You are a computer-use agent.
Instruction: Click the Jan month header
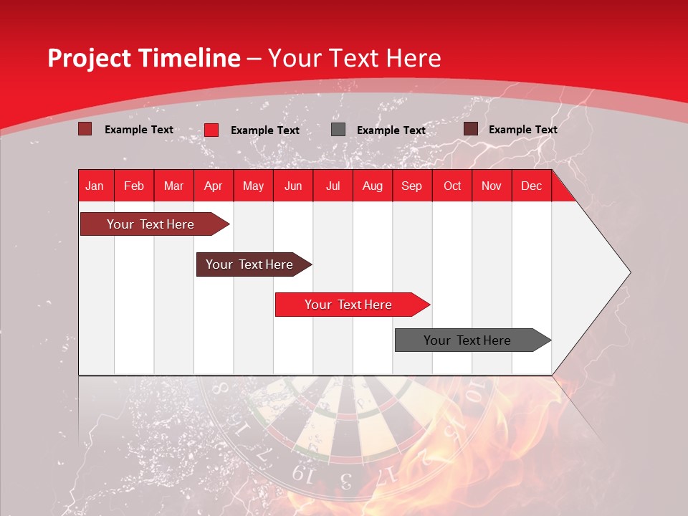(x=95, y=186)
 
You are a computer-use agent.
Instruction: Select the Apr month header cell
(x=213, y=186)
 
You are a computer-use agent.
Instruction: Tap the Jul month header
(x=333, y=186)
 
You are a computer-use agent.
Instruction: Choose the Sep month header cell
(x=411, y=186)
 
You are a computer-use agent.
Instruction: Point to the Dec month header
(x=531, y=186)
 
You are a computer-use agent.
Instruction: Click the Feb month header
(x=134, y=186)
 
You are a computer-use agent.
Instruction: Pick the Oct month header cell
(x=452, y=186)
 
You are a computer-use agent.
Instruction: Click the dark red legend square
(x=85, y=129)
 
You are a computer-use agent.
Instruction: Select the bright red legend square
(x=211, y=130)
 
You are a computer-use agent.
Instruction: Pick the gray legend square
(x=338, y=130)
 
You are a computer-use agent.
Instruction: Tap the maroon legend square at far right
(x=471, y=129)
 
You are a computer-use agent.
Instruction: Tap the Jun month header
(x=293, y=186)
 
